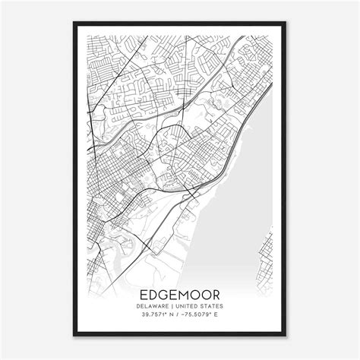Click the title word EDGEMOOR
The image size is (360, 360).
click(x=179, y=293)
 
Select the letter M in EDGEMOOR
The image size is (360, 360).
click(x=182, y=293)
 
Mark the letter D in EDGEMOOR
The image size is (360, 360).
click(x=152, y=293)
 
